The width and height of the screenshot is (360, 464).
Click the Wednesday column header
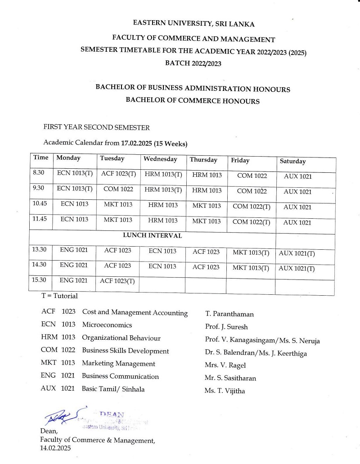point(160,159)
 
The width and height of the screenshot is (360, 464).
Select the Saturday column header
point(292,161)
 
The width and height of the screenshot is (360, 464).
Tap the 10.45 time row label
point(40,203)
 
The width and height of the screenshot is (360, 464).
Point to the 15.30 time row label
point(39,279)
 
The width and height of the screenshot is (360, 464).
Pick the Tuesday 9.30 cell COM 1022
point(118,189)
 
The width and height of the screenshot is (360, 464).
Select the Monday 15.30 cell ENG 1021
point(74,280)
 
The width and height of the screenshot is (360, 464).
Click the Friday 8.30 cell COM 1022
point(252,176)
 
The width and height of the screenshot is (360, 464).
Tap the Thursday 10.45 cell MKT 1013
point(207,206)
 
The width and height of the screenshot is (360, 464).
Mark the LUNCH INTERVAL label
point(153,235)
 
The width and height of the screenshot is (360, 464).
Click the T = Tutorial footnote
point(59,296)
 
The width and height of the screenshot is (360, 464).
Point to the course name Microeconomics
point(107,325)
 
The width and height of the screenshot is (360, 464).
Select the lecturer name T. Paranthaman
point(229,314)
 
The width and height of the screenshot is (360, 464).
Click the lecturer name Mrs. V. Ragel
point(225,365)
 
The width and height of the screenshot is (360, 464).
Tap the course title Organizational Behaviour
point(121,338)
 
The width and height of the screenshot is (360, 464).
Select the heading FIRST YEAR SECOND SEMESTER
point(96,127)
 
